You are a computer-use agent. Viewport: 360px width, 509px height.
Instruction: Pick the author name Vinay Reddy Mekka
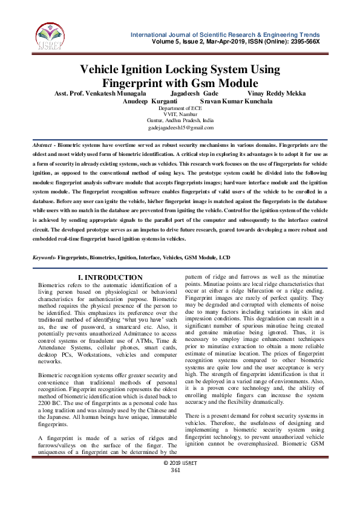click(x=277, y=94)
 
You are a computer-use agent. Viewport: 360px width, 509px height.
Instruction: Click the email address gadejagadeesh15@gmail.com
click(x=181, y=128)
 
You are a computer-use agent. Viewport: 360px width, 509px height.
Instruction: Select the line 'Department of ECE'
click(x=180, y=108)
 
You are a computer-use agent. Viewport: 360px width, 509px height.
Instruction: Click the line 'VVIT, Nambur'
click(x=180, y=115)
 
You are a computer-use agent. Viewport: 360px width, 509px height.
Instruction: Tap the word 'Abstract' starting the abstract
click(x=42, y=146)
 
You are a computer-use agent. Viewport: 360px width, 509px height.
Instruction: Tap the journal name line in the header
click(x=225, y=34)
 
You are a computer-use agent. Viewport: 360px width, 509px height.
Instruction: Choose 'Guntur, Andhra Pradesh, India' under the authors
click(x=180, y=122)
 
